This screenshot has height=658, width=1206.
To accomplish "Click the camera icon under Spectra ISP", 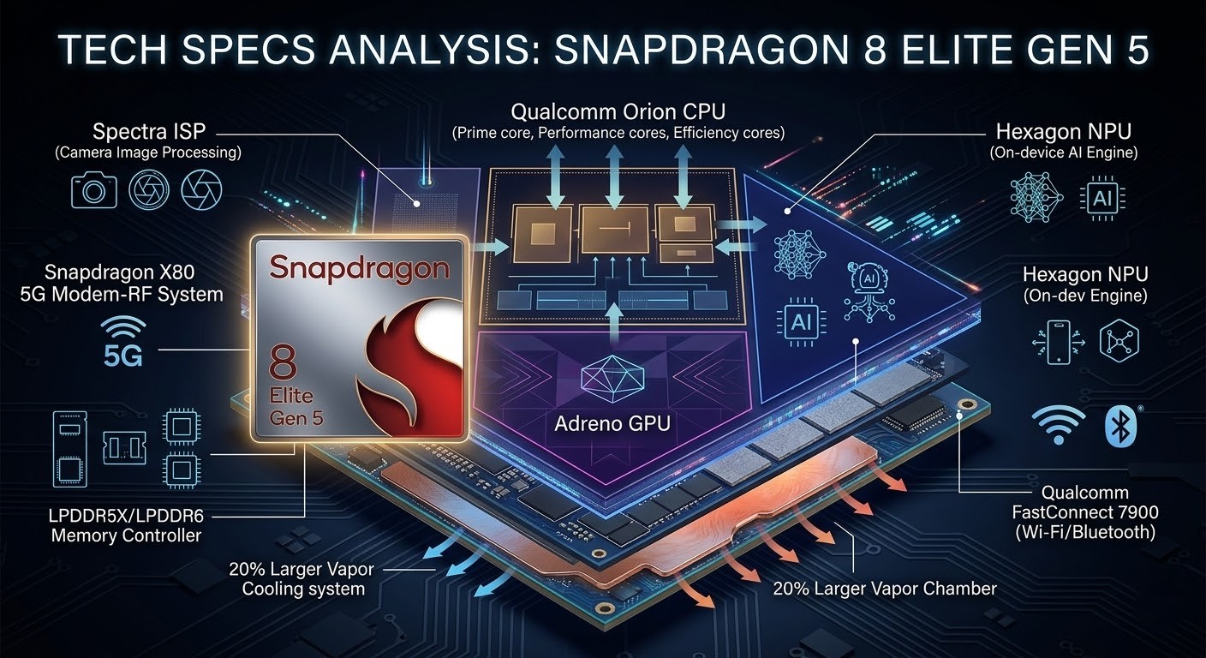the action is [x=93, y=189].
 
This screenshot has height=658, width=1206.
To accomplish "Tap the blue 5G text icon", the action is [x=123, y=356].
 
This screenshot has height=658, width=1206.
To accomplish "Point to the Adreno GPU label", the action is [x=612, y=424].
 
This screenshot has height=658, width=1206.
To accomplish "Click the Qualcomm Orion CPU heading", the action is [x=618, y=112].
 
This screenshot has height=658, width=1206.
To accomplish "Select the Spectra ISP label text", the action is [x=148, y=131].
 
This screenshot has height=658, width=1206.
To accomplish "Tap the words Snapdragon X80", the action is [x=120, y=272].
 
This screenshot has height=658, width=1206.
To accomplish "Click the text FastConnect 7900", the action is [x=1085, y=512].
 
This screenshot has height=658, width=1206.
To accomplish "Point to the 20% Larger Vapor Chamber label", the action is [x=885, y=589].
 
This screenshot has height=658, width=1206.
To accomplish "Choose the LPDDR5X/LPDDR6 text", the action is [x=126, y=516].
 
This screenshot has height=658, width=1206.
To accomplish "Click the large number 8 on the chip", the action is [x=282, y=362].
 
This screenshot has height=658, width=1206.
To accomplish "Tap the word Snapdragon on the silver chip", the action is [x=359, y=268].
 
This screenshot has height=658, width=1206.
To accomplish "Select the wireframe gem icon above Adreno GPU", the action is [x=612, y=378].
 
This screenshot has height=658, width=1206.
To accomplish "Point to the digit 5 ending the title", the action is [x=1136, y=50].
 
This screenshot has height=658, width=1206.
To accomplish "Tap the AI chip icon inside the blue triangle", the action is [x=801, y=322].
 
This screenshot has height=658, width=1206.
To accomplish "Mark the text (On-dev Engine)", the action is [x=1085, y=296].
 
